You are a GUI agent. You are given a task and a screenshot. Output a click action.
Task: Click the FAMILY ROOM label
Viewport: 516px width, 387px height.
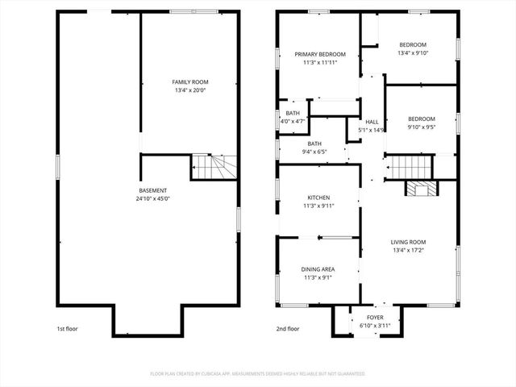pos(189,82)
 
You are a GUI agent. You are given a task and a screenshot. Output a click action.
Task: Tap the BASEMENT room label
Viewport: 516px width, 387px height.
pos(153,190)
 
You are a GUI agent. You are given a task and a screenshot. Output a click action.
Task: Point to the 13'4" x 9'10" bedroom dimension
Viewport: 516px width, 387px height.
pos(412,53)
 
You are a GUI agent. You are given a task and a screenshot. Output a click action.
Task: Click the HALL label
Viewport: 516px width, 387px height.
pos(372,122)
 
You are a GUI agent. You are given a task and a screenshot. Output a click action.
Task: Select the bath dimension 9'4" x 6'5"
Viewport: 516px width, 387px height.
pos(314,151)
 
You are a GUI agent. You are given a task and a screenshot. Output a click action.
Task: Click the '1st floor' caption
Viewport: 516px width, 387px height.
pos(67,329)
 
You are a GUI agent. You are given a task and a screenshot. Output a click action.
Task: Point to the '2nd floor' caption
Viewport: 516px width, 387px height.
pos(287,329)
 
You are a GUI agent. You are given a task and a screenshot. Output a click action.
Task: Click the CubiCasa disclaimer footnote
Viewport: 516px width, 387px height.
pos(258,374)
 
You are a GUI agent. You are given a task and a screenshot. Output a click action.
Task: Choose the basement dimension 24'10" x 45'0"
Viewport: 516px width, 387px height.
pos(153,198)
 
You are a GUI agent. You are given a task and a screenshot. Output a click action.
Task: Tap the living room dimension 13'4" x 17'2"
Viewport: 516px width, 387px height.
pos(408,250)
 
